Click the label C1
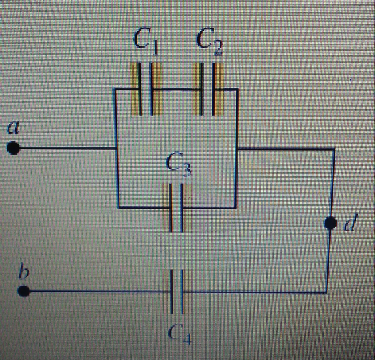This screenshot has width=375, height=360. (146, 41)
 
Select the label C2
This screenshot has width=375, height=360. (210, 41)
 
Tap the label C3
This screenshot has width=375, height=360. (179, 165)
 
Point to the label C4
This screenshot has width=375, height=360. (179, 334)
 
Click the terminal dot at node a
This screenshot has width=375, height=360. (13, 148)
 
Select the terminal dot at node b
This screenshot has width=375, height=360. (24, 291)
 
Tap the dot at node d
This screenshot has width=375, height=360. (331, 223)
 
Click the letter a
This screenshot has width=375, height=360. (13, 128)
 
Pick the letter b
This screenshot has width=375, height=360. (24, 270)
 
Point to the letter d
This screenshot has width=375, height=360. (351, 223)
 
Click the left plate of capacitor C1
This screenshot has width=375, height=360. (140, 89)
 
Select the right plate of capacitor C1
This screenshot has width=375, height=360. (151, 89)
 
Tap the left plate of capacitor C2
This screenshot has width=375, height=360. (202, 89)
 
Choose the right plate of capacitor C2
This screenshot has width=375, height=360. (214, 89)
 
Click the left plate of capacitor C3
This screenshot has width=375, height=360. (171, 207)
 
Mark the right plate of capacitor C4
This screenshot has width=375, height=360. (182, 292)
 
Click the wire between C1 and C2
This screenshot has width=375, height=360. (177, 90)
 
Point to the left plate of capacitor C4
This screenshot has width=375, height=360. (171, 292)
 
